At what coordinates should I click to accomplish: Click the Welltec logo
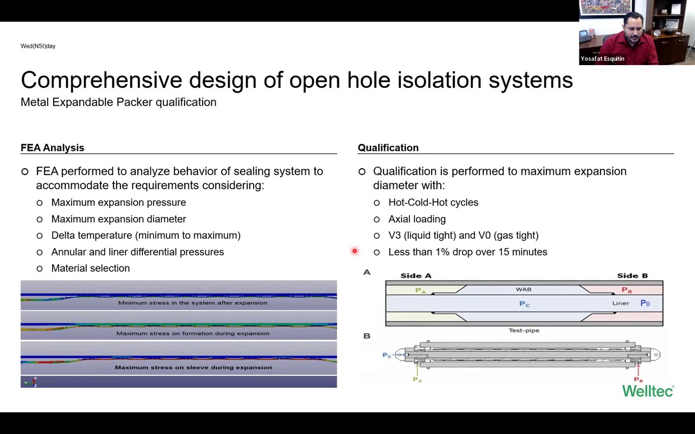[x=648, y=391]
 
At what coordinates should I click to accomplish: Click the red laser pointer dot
[x=355, y=251]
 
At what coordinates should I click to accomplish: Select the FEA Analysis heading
[x=52, y=148]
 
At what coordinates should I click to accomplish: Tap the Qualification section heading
[x=388, y=148]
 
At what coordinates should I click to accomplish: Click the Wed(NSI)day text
[x=38, y=46]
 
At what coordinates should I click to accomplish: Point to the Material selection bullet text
[x=90, y=268]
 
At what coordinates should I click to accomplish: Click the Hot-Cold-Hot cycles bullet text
[x=433, y=202]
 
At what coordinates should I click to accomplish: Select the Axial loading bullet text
[x=416, y=219]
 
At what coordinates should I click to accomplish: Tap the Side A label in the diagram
[x=415, y=276]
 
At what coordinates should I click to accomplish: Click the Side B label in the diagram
[x=632, y=276]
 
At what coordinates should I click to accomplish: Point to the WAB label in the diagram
[x=523, y=289]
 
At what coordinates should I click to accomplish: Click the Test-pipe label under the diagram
[x=524, y=330]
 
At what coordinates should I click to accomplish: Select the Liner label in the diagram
[x=621, y=303]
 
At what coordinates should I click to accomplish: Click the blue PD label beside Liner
[x=645, y=303]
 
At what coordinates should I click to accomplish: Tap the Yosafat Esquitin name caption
[x=602, y=59]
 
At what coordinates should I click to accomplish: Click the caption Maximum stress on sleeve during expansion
[x=193, y=367]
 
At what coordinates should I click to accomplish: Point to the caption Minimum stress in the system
[x=193, y=303]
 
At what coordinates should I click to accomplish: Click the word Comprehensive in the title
[x=101, y=80]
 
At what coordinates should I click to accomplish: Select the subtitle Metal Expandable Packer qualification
[x=118, y=102]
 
